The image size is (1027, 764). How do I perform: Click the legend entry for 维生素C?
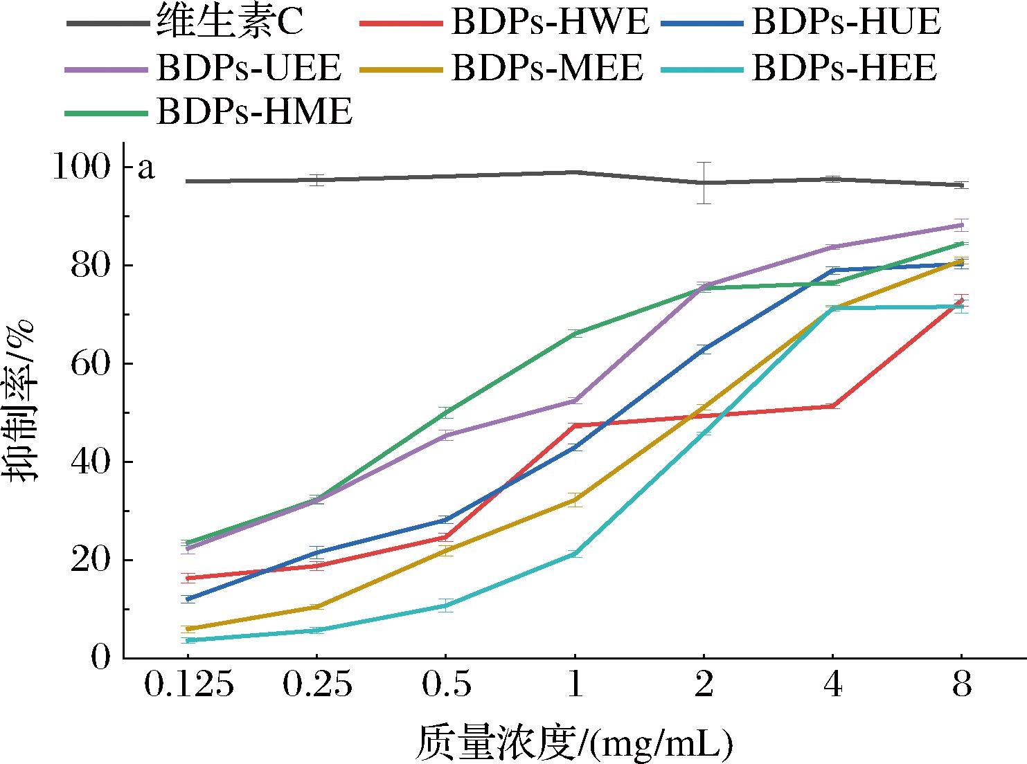point(229,23)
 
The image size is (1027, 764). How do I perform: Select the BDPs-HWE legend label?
point(551,23)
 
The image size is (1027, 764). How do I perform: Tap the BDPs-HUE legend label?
point(846,23)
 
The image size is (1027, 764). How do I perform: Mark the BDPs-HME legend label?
point(255,111)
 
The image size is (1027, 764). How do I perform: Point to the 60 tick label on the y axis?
point(91,364)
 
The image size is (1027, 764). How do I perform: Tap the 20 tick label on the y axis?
point(91,560)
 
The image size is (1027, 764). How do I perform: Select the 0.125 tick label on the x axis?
point(188,686)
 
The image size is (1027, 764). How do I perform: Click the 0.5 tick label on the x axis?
point(445,686)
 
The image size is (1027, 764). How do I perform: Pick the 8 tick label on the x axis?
point(961,686)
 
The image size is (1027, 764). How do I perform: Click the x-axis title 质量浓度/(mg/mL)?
point(573,742)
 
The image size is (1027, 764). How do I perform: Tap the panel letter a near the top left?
point(146,168)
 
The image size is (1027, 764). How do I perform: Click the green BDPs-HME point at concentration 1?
point(574,334)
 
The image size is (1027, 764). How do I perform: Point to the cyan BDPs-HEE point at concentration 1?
point(574,553)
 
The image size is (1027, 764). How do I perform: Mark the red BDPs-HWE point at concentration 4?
point(832,406)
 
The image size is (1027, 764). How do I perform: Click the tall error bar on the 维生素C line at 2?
point(704,183)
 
